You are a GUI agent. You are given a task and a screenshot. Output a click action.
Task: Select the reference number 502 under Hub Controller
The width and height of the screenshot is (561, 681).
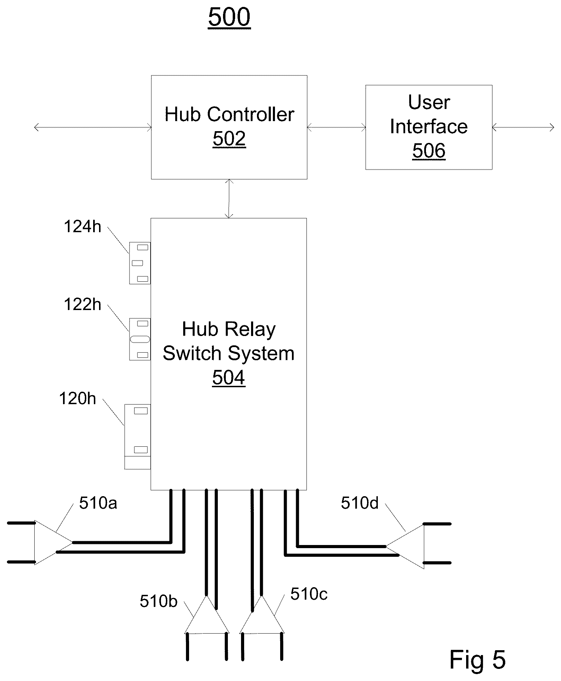(x=229, y=139)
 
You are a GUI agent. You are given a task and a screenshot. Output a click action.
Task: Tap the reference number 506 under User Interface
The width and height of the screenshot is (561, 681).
(x=429, y=151)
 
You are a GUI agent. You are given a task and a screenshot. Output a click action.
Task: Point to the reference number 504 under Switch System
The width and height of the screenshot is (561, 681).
(x=229, y=378)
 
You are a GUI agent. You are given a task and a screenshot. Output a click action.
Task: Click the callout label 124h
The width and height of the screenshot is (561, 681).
(x=83, y=227)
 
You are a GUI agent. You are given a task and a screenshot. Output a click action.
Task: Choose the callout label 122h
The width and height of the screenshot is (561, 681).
(x=83, y=305)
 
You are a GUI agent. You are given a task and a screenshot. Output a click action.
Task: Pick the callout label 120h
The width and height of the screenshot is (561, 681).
(x=78, y=399)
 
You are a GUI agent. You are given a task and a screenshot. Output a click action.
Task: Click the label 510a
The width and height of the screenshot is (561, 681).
(x=98, y=503)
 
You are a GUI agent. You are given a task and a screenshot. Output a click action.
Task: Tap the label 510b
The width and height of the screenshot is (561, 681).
(x=159, y=601)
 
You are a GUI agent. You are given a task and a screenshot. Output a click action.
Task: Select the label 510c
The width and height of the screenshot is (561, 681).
(x=309, y=594)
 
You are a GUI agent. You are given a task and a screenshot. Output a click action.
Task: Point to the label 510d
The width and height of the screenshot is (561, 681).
(x=360, y=503)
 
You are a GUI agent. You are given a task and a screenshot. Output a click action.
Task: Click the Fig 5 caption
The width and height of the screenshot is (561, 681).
(x=478, y=659)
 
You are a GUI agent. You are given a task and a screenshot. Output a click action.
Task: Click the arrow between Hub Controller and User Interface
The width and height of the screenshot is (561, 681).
(x=336, y=128)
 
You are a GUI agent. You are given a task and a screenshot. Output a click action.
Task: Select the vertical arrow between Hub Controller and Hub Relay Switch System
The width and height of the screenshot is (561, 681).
(x=229, y=199)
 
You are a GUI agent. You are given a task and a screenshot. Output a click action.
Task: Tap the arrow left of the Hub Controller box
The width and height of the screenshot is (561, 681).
(x=93, y=128)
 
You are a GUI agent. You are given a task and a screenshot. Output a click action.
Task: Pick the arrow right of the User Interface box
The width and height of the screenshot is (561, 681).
(x=523, y=128)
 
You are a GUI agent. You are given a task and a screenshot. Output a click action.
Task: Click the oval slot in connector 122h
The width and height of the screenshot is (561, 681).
(x=140, y=339)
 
